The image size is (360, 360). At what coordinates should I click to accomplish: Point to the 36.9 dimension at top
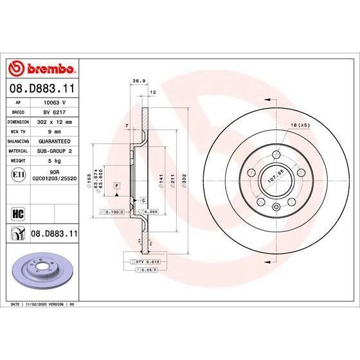pos(136,82)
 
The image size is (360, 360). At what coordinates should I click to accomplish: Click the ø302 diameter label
pos(184,181)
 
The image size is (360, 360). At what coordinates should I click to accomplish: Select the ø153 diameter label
pos(96,181)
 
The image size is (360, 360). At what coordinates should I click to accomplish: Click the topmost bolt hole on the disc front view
pos(275,154)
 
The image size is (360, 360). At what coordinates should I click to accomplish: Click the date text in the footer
pos(40,303)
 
